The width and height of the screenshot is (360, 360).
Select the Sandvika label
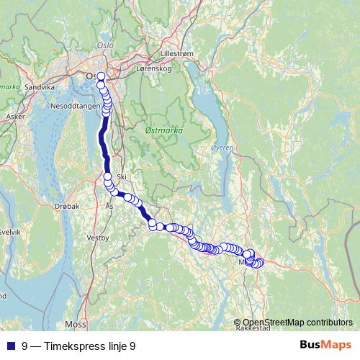[40, 86]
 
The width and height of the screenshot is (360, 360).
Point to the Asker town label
[14, 115]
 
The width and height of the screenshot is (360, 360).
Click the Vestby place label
[97, 237]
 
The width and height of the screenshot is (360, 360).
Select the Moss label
[75, 324]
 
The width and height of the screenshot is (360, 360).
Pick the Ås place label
[109, 206]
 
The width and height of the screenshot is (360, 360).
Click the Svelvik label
[10, 232]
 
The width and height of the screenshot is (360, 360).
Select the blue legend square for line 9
[11, 346]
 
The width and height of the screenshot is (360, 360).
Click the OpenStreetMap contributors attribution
[297, 322]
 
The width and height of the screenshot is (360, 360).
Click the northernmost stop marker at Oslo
[101, 76]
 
